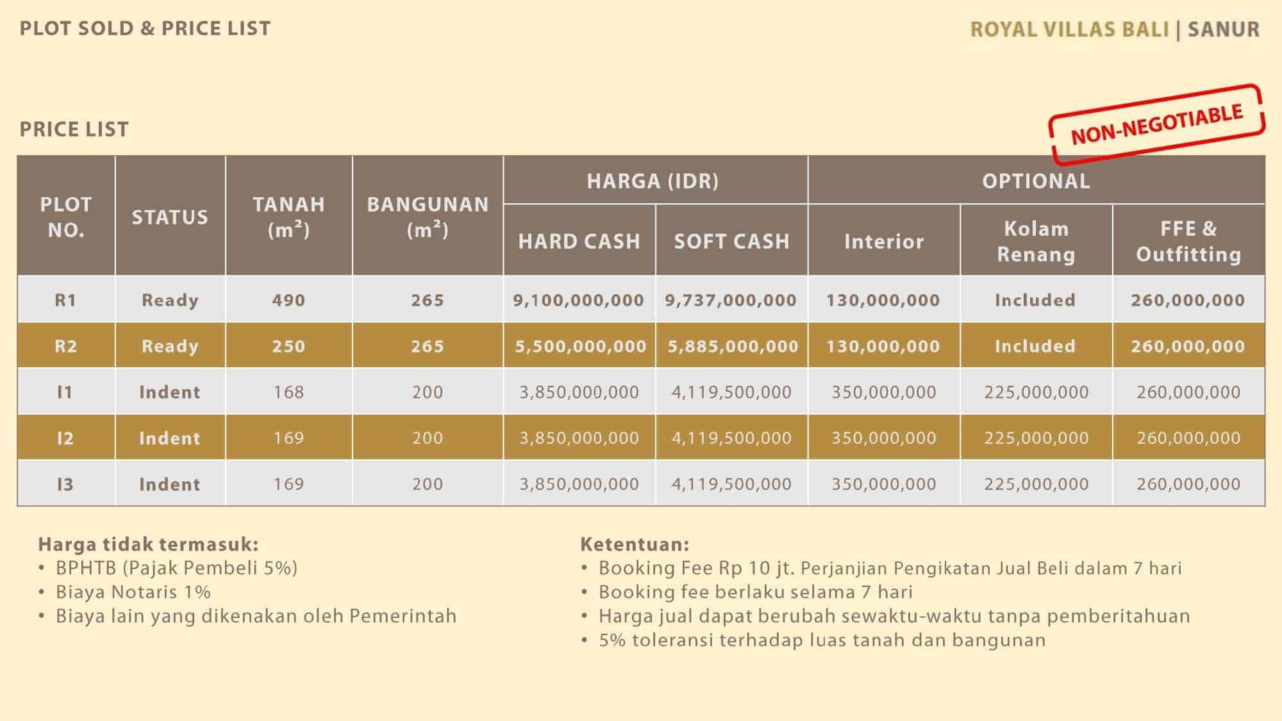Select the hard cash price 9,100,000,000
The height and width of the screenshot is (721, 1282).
578,300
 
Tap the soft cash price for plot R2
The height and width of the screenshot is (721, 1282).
733,346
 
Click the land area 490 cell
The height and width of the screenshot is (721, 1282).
288,300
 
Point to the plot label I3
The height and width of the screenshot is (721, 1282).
65,484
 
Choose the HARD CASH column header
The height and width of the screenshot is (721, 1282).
579,241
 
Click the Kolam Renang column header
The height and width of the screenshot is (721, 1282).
1036,241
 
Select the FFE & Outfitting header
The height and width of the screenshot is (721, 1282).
1188,241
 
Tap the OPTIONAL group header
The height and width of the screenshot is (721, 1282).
1036,181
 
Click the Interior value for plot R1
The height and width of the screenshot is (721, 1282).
883,300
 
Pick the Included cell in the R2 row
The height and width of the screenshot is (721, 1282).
1035,346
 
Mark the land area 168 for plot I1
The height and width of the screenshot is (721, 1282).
288,392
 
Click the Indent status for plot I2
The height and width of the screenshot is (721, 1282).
170,438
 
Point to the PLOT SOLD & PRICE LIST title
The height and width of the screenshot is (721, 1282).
146,28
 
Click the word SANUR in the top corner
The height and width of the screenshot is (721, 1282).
1224,29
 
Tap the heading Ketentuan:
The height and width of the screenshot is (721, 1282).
635,544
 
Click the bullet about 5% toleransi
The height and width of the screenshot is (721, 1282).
813,640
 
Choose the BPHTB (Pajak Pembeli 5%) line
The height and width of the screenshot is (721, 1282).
168,568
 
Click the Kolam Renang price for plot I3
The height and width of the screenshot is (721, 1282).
1036,484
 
